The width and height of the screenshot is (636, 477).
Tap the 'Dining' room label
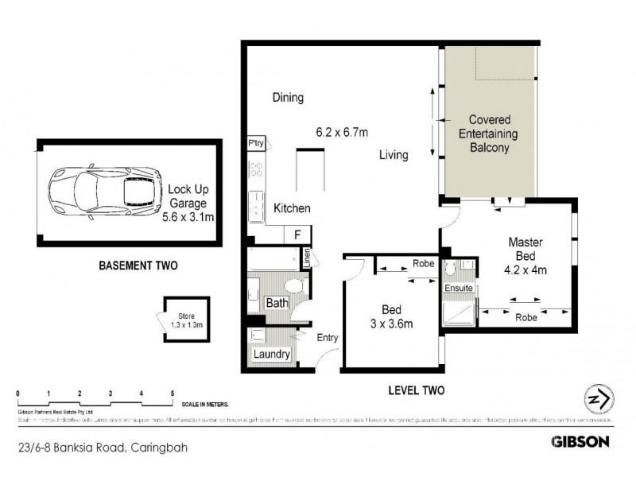tap(288, 98)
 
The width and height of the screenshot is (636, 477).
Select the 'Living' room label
tap(393, 155)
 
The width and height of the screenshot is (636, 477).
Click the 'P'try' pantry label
tap(255, 144)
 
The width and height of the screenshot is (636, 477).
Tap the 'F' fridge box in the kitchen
tap(298, 235)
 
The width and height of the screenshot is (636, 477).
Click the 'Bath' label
tap(277, 303)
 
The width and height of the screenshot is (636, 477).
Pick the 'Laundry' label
tap(271, 355)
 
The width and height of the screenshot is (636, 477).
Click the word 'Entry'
tap(328, 338)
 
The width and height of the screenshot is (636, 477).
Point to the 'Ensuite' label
tap(459, 288)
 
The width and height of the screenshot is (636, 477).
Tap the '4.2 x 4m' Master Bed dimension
tap(525, 270)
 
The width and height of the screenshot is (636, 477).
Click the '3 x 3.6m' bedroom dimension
tap(390, 323)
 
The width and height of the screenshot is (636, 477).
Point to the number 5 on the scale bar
tap(172, 394)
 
